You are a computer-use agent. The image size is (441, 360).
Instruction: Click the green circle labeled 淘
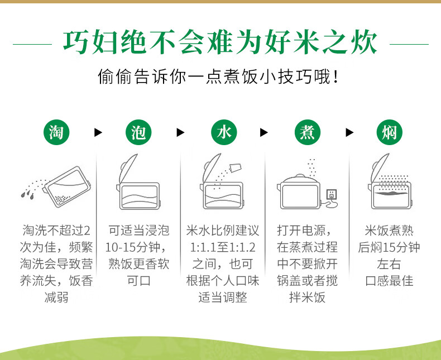point(56,132)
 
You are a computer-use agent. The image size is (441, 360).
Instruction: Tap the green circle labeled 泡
point(138,132)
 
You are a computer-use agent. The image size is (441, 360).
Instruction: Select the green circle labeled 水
point(224,132)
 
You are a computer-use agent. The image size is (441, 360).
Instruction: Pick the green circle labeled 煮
point(308,132)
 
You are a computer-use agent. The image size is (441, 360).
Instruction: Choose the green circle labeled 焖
point(389,132)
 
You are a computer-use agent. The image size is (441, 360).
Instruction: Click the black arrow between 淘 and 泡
point(98,132)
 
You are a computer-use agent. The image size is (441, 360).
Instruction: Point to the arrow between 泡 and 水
point(180,132)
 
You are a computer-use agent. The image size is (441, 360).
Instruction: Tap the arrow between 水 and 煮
point(264,132)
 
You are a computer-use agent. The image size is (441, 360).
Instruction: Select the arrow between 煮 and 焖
point(349,132)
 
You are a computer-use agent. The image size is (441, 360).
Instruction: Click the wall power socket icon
point(332,195)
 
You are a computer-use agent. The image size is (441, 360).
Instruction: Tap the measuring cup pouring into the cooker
point(236,168)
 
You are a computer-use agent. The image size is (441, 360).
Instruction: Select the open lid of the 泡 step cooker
point(128,168)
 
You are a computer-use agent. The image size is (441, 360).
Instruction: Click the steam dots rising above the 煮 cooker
point(311,168)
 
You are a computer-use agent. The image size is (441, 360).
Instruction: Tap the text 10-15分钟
point(132,247)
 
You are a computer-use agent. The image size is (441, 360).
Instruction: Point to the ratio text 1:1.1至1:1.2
point(223,247)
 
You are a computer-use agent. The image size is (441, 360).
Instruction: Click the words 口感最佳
point(389,281)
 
